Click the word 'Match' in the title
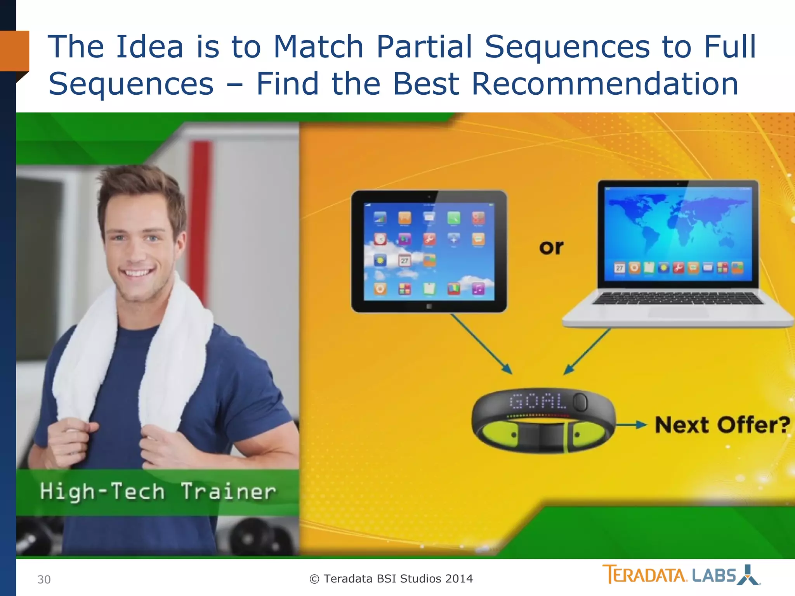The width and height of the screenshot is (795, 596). (x=318, y=47)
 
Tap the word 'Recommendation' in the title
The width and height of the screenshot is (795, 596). (x=604, y=84)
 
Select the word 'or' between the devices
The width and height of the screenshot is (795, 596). (x=551, y=247)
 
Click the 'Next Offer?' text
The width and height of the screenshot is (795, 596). (x=722, y=425)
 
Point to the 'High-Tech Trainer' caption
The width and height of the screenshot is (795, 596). (x=158, y=492)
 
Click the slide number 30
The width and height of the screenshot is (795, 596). (x=44, y=579)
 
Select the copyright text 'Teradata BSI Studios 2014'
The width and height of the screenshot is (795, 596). (x=391, y=579)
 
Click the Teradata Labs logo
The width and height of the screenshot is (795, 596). (x=681, y=575)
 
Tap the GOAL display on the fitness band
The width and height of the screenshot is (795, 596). (x=538, y=401)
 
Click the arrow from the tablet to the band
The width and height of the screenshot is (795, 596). (x=481, y=344)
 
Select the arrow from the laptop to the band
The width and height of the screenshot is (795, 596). (x=587, y=352)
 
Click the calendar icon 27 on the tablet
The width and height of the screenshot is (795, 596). (x=404, y=261)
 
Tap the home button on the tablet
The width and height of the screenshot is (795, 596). (x=429, y=307)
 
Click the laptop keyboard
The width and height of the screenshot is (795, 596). (x=677, y=298)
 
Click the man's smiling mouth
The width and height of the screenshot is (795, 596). (x=137, y=272)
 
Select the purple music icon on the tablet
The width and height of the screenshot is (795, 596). (x=478, y=289)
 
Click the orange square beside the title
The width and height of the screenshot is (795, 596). (x=14, y=51)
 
